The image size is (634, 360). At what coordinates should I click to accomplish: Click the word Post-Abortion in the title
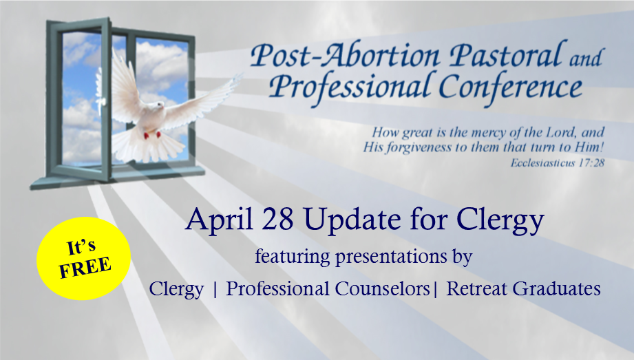[x=345, y=56]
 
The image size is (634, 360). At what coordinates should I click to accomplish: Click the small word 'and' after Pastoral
[x=587, y=58]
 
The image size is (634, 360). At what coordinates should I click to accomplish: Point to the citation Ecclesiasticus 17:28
[x=557, y=162]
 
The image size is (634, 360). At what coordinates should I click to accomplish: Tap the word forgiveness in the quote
[x=419, y=147]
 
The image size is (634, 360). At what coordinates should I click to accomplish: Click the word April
[x=220, y=220]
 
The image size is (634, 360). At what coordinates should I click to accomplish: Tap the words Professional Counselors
[x=328, y=289]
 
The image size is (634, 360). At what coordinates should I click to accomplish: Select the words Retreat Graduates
[x=523, y=289]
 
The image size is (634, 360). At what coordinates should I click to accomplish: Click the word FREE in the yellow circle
[x=85, y=267]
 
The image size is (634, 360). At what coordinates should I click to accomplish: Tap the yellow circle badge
[x=84, y=259]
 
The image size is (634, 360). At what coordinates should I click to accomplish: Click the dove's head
[x=158, y=105]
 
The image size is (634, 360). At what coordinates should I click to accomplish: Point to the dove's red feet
[x=152, y=135]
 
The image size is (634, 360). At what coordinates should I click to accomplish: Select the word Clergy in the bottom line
[x=176, y=290]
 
